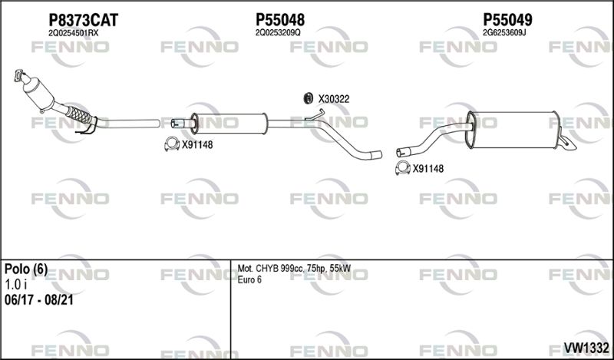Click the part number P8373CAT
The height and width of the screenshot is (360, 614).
tap(83, 20)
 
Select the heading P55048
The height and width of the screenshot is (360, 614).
tap(280, 20)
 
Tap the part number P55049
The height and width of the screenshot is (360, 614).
tap(507, 20)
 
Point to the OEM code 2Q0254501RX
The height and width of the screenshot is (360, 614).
tap(73, 33)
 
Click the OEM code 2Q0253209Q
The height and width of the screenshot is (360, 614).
tap(278, 33)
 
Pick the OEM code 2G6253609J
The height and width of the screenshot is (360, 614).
tap(504, 33)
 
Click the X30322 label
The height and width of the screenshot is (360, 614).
tap(334, 99)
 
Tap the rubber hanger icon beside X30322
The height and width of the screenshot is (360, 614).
tap(309, 98)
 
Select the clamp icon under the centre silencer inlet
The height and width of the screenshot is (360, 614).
tap(172, 144)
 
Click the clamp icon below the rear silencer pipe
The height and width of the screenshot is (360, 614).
tap(403, 167)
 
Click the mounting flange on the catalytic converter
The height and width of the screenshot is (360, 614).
tap(19, 75)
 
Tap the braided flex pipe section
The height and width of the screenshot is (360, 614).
tap(80, 114)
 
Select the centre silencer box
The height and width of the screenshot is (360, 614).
tap(229, 124)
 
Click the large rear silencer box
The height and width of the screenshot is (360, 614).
tap(512, 130)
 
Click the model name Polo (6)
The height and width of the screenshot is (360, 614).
tap(26, 269)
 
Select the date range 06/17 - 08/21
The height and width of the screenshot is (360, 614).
tap(39, 300)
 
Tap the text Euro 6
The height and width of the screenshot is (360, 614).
tap(249, 279)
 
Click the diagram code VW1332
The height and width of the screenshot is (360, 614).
tap(586, 347)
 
